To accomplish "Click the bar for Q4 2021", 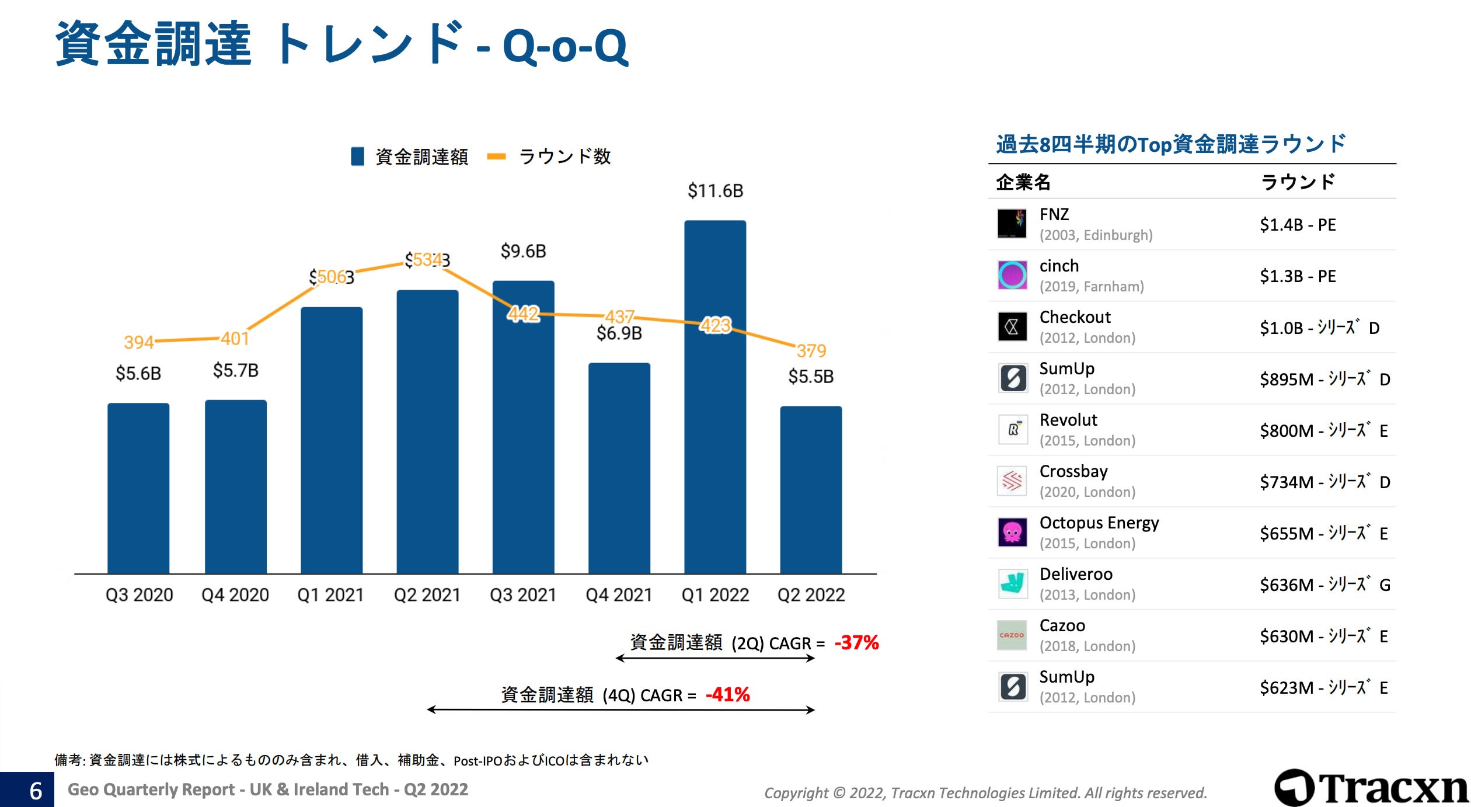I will (619, 467).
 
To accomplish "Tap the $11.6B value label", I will (715, 190).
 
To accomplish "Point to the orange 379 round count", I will (811, 350).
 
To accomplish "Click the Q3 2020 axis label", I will (139, 594).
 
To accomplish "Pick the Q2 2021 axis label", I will (427, 594).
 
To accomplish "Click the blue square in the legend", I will (357, 156).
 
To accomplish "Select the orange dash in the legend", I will (496, 156).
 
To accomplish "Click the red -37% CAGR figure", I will (856, 642).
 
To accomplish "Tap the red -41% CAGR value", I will (727, 694).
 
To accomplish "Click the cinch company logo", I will (1012, 275).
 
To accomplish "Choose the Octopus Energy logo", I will (1012, 532).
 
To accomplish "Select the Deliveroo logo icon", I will (1012, 583).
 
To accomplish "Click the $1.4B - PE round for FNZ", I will (1297, 225).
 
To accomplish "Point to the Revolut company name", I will (1068, 420).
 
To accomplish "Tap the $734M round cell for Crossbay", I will (1324, 482).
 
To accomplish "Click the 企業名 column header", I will (1023, 182).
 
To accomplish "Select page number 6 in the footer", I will (36, 791).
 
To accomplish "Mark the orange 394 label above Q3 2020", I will (139, 342).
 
